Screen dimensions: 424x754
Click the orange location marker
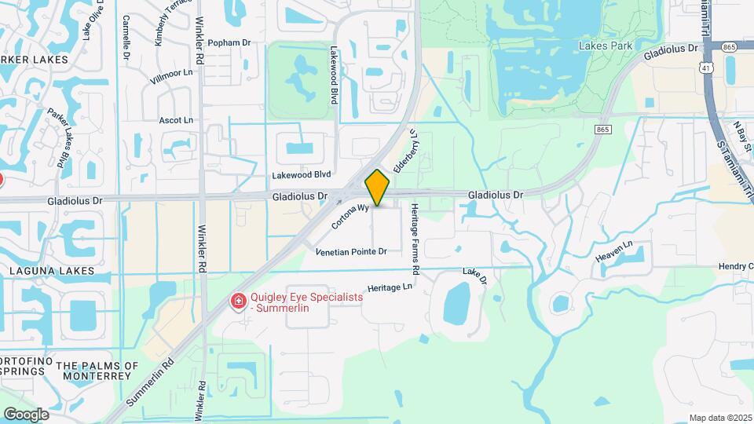378,187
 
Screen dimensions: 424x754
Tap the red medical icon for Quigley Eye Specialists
236,302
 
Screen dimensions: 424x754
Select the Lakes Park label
606,46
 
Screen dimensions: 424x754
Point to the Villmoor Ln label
171,72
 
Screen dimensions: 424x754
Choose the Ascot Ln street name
175,120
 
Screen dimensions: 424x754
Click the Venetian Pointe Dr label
351,252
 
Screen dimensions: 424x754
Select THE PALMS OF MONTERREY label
97,371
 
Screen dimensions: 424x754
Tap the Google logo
26,414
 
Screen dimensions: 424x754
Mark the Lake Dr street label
474,276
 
